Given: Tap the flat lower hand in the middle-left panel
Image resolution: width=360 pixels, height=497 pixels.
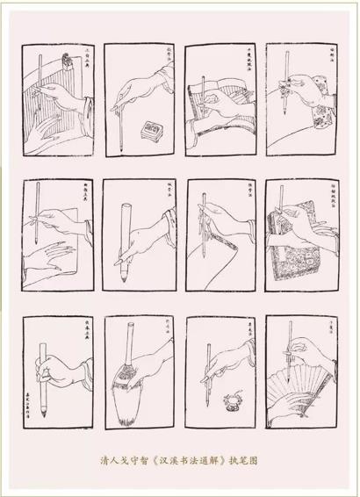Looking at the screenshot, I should pyautogui.click(x=53, y=259).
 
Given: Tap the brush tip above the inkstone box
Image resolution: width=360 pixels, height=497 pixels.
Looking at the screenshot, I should pyautogui.click(x=127, y=115).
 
